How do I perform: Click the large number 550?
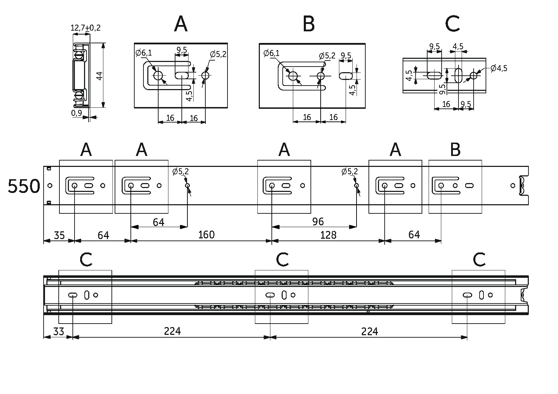tap(24, 186)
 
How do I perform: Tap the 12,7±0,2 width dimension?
tap(86, 28)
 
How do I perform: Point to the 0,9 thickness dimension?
tap(76, 113)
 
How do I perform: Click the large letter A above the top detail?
tap(181, 24)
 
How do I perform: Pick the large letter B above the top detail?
tap(308, 24)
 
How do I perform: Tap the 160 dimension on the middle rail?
tap(206, 234)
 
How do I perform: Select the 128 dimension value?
tap(328, 235)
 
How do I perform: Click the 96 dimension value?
tap(318, 221)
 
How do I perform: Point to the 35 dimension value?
tap(59, 235)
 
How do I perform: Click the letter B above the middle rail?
tap(455, 150)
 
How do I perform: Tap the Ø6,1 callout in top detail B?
tap(271, 54)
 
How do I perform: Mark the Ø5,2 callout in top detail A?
tap(218, 54)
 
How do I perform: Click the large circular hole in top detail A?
tap(158, 75)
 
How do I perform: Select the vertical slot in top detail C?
tap(458, 75)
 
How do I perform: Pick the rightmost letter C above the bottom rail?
tap(479, 260)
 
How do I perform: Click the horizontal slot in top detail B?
tap(346, 76)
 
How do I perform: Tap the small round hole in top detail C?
tap(474, 75)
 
